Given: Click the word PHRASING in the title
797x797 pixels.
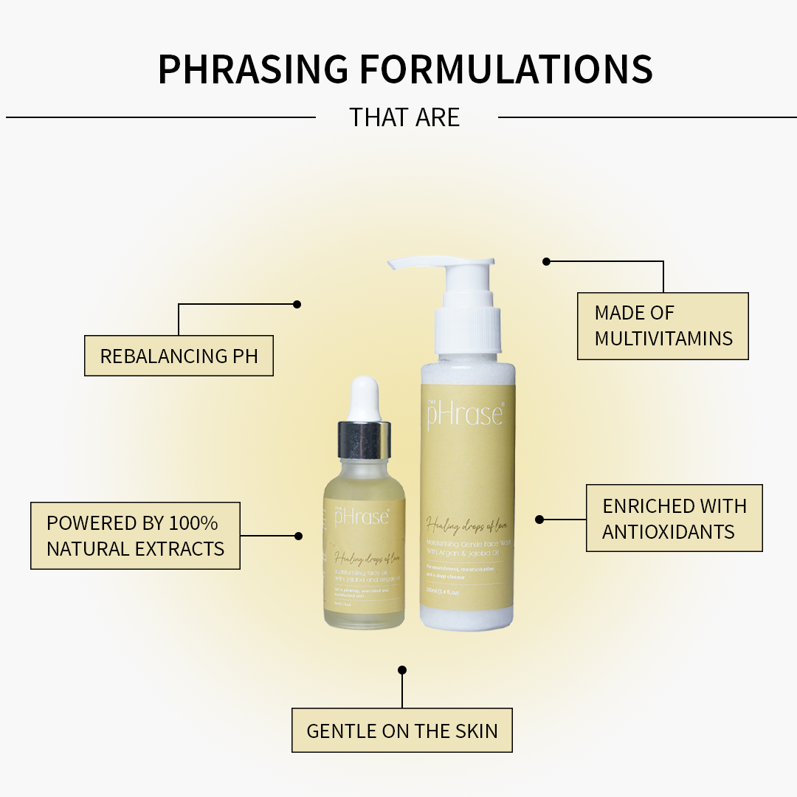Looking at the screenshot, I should click(252, 69).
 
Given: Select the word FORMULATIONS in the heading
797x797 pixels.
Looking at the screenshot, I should click(506, 69).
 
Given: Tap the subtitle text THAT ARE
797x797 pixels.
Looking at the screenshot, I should click(404, 117).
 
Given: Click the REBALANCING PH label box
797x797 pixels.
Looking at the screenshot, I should click(179, 356).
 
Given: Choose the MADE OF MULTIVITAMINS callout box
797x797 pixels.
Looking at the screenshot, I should click(663, 325).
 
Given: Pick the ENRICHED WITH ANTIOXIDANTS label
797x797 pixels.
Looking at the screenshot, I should click(674, 518).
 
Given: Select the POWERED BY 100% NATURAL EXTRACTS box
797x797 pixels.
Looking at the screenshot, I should click(135, 536).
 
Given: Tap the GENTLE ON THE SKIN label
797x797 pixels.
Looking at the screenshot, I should click(401, 731).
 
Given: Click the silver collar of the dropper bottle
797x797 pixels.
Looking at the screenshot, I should click(365, 440).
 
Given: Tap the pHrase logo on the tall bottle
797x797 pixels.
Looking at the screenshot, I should click(465, 415).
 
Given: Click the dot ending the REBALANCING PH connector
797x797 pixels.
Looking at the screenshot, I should click(297, 304).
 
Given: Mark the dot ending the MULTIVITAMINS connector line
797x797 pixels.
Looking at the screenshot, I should click(547, 261).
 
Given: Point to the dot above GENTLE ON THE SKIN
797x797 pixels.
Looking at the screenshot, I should click(402, 670).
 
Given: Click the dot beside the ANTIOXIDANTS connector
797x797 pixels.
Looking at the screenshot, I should click(539, 520).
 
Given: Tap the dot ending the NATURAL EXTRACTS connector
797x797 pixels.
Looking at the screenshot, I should click(298, 536).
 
